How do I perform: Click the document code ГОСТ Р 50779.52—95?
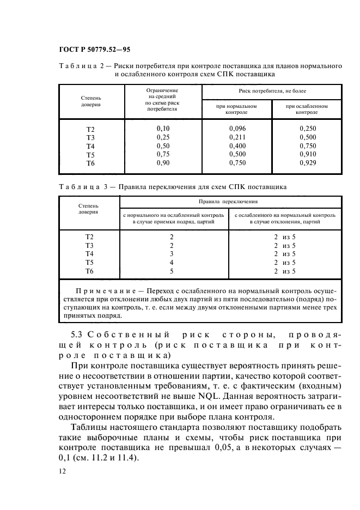click(94, 50)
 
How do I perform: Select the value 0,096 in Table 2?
click(237, 128)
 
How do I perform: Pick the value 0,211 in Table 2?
click(237, 137)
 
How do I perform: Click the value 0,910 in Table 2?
click(307, 154)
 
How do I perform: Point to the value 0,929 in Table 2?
click(307, 163)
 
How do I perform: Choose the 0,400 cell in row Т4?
click(237, 145)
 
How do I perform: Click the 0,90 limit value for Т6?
click(163, 163)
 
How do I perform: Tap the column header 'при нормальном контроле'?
click(237, 109)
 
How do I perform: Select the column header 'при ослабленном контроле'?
click(307, 109)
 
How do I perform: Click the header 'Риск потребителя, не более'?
click(272, 92)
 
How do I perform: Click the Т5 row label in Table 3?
click(90, 263)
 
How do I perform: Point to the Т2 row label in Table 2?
click(90, 129)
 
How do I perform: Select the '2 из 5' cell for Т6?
click(285, 271)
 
